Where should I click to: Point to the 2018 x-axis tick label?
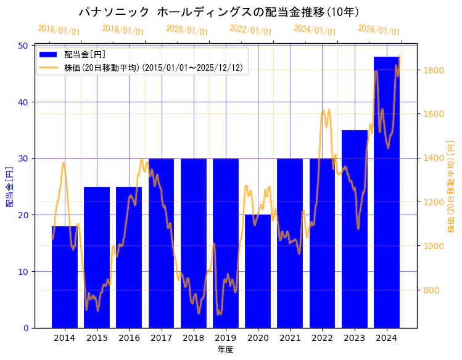pyautogui.click(x=193, y=338)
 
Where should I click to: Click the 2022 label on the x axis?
pyautogui.click(x=322, y=338)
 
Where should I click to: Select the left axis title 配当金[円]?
pyautogui.click(x=9, y=187)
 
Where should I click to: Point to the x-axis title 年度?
pyautogui.click(x=225, y=350)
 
